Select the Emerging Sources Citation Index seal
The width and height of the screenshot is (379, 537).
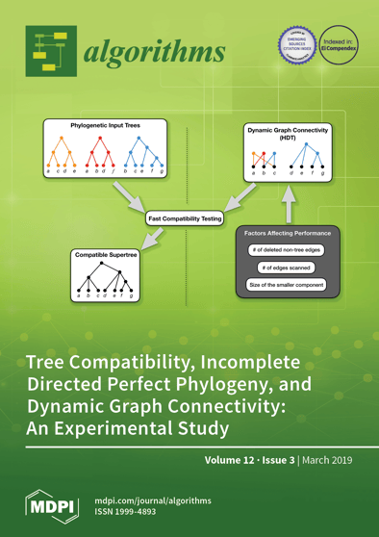pos(295,42)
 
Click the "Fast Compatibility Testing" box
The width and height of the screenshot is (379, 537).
pos(185,219)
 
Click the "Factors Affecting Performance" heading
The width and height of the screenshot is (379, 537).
pos(288,233)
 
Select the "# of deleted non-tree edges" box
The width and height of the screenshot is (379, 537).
pos(288,249)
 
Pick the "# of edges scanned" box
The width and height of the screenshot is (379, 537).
pos(288,267)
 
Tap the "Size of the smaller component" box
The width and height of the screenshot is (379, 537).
pos(288,284)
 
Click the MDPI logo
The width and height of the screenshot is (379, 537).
pos(48,506)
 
